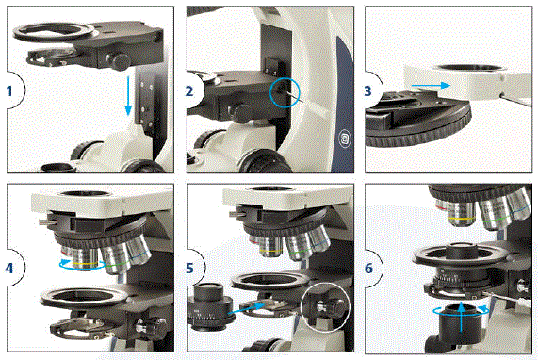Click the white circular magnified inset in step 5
coord(323,307)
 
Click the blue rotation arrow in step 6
coord(461,307)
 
